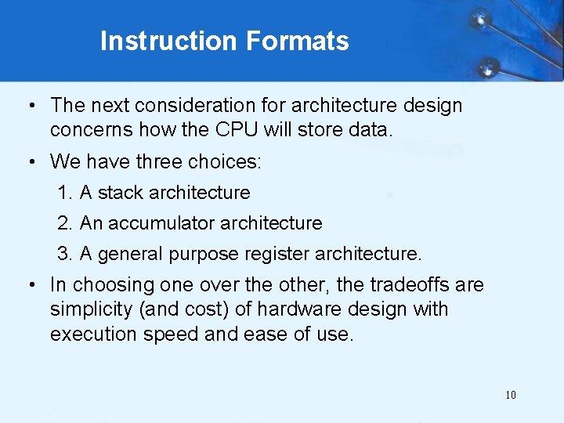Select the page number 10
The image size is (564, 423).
[x=511, y=395]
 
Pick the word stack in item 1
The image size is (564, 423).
[x=121, y=193]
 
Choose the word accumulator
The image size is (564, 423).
[x=161, y=223]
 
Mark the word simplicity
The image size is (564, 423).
[x=87, y=309]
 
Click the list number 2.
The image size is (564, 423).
[x=63, y=223]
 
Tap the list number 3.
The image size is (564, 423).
[x=63, y=254]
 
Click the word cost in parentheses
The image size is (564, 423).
[x=208, y=309]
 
